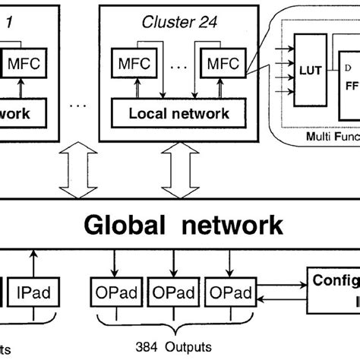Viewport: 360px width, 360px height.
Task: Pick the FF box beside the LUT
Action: pyautogui.click(x=352, y=86)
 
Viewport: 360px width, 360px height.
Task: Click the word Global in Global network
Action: pyautogui.click(x=127, y=225)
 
